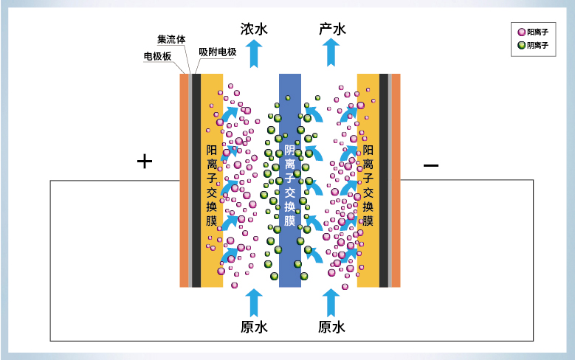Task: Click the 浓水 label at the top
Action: pyautogui.click(x=254, y=30)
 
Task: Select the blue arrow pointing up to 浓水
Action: pyautogui.click(x=254, y=54)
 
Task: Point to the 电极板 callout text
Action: pyautogui.click(x=157, y=56)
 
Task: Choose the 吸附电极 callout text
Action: pyautogui.click(x=218, y=52)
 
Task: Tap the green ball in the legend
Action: pyautogui.click(x=521, y=46)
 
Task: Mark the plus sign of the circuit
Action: pyautogui.click(x=145, y=162)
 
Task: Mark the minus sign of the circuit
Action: pyautogui.click(x=430, y=165)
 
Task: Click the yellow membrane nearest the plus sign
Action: pyautogui.click(x=212, y=181)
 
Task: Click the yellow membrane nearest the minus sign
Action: pyautogui.click(x=368, y=181)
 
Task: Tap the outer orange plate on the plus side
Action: pyautogui.click(x=184, y=181)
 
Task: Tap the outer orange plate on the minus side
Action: pyautogui.click(x=396, y=181)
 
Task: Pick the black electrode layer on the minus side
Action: pyautogui.click(x=384, y=181)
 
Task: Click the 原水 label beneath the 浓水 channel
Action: pyautogui.click(x=254, y=327)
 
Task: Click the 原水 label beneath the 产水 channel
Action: pyautogui.click(x=331, y=327)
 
